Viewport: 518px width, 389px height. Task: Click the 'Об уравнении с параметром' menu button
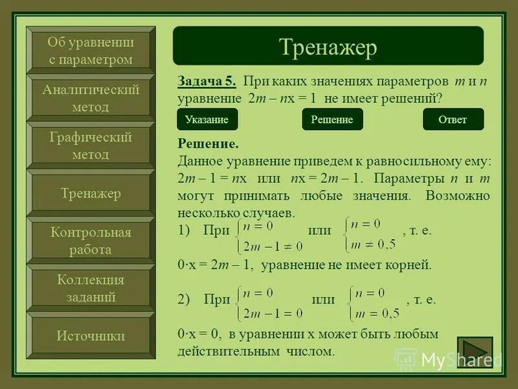coord(91,51)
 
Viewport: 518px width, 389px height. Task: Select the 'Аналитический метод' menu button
coord(91,99)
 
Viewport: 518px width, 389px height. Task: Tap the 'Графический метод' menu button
coord(91,146)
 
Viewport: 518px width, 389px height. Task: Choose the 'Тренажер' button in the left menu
coord(91,193)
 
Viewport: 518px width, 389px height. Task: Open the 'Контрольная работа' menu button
coord(91,241)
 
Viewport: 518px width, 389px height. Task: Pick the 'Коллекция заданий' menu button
coord(91,289)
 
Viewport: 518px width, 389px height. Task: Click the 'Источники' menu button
coord(91,336)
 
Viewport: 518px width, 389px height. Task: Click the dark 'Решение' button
coord(332,119)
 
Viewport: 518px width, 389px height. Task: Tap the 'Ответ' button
coord(453,119)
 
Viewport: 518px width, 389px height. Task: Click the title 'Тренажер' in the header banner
coord(328,47)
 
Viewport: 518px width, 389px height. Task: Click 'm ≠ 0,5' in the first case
coord(372,243)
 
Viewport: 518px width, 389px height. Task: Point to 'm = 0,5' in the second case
coord(374,313)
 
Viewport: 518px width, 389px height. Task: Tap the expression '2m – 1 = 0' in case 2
coord(273,314)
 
